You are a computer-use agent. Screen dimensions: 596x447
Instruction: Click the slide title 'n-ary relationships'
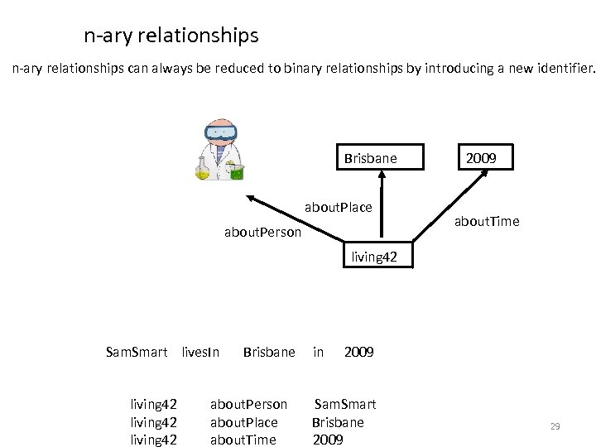click(171, 36)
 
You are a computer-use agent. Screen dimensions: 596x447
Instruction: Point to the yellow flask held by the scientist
click(202, 170)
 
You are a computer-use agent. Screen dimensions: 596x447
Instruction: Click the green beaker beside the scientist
click(237, 172)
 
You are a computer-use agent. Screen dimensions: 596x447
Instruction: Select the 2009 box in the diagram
click(480, 156)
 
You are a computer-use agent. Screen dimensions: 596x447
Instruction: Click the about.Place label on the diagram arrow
click(339, 206)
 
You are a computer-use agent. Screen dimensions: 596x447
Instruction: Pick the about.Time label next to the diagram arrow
click(488, 221)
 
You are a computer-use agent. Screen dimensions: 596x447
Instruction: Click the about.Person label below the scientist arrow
click(263, 233)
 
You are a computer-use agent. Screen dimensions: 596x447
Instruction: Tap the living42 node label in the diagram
click(374, 257)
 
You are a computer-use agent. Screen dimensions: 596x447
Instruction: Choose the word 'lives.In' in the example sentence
click(199, 352)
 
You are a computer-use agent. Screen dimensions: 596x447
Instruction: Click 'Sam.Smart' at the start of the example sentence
click(137, 352)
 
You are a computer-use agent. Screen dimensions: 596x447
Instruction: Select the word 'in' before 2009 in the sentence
click(318, 352)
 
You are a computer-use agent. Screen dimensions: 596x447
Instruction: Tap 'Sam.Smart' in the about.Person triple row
click(345, 404)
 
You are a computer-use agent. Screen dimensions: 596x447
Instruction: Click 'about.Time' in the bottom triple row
click(243, 439)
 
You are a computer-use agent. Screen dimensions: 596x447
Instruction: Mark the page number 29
click(555, 426)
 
